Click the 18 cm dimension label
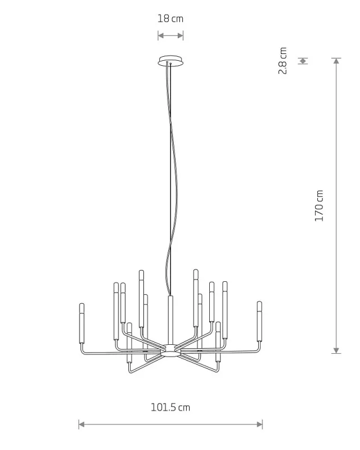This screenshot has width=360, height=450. (x=170, y=19)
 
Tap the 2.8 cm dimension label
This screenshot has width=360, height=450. (x=283, y=61)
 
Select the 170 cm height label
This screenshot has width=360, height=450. (x=319, y=205)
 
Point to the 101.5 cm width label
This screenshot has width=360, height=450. (x=170, y=407)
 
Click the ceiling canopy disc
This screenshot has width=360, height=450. (x=170, y=61)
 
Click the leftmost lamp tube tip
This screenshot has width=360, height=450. (x=82, y=304)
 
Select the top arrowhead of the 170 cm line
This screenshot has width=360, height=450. (x=336, y=61)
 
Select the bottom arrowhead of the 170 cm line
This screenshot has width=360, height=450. (x=336, y=350)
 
